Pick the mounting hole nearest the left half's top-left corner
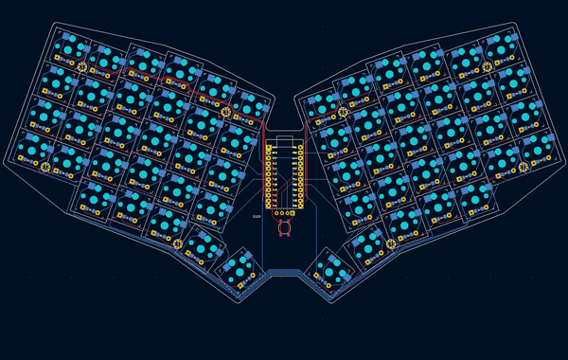[x=81, y=67]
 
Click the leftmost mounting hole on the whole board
[x=45, y=168]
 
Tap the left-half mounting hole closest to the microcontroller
[x=226, y=113]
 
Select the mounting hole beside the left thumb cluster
[x=178, y=245]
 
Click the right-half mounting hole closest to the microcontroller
[x=342, y=113]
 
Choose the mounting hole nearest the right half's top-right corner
[x=488, y=67]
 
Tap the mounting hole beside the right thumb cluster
[x=390, y=245]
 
